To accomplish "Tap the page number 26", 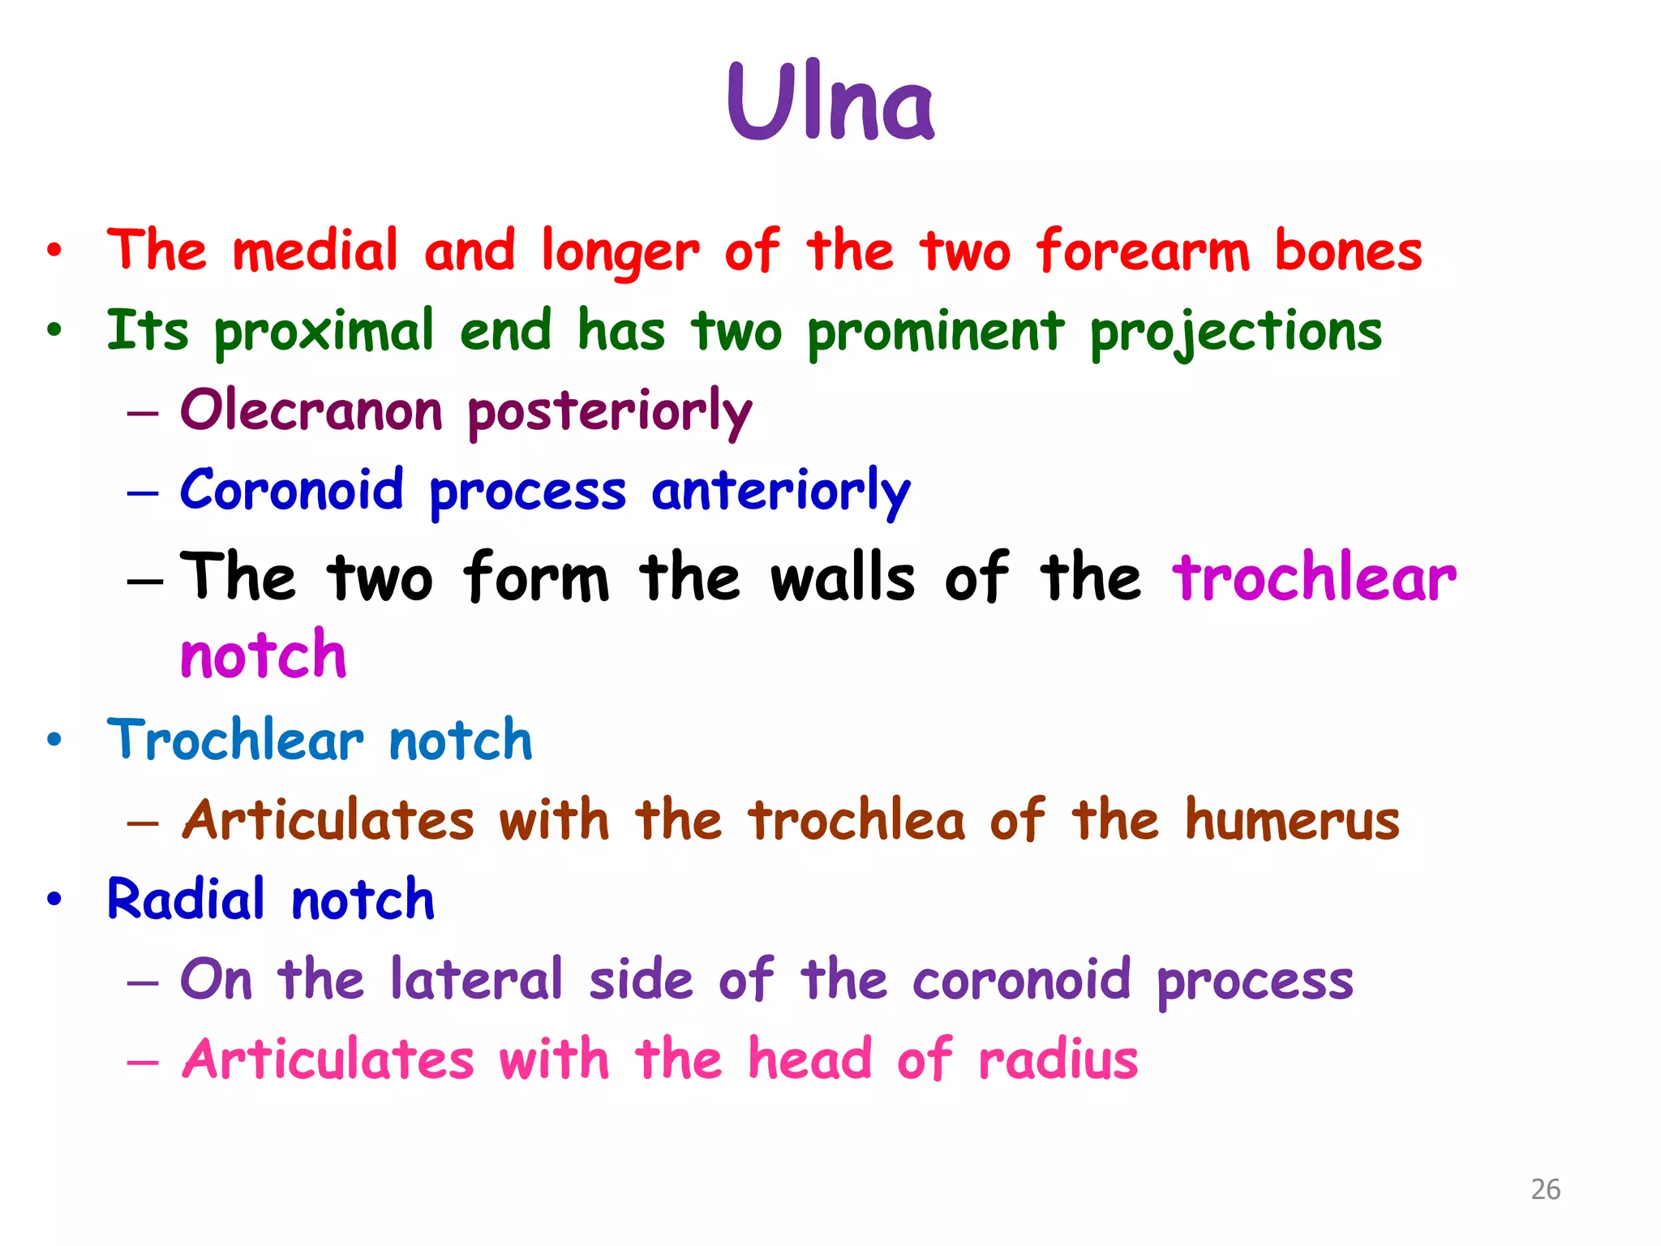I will (1545, 1189).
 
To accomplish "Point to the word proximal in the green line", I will (324, 333).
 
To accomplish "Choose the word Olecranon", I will (311, 410).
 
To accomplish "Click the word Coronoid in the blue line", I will (292, 490).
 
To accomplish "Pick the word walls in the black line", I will (843, 578).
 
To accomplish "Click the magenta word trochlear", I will (1314, 578).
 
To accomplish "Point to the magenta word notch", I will (264, 655).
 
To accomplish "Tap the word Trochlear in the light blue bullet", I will (235, 740).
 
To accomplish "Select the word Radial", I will (186, 900).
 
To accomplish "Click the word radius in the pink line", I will (1058, 1059).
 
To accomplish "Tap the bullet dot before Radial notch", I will (54, 899).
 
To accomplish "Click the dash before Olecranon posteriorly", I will (143, 413).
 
